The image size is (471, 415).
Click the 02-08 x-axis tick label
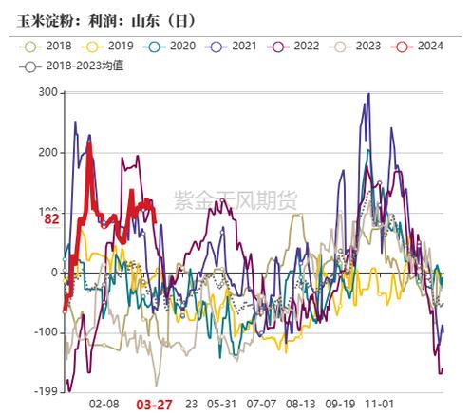click(104, 404)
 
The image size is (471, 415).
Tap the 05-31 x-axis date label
click(220, 404)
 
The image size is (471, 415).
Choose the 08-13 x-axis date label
click(301, 404)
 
